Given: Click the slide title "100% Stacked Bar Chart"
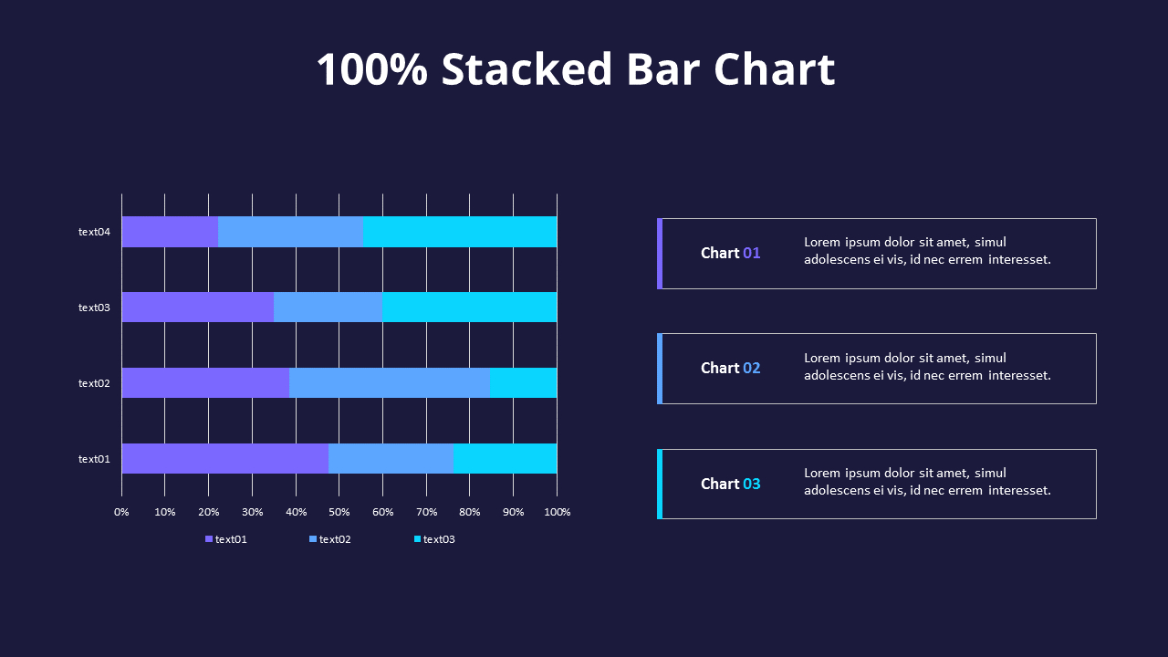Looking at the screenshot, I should [x=575, y=70].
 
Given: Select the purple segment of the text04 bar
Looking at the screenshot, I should [x=170, y=232].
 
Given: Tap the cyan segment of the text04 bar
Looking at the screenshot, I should [x=459, y=232].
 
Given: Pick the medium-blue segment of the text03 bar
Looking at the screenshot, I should [x=328, y=308].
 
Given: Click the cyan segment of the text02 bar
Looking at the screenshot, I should [x=523, y=383].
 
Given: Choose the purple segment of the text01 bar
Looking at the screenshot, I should [x=224, y=459].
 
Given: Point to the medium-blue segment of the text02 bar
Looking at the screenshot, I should [x=390, y=383].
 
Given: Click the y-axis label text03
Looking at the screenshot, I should [x=94, y=308].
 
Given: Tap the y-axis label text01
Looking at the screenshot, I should [x=94, y=459].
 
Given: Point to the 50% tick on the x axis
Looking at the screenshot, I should [x=339, y=512].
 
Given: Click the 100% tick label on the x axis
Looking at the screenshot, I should [x=557, y=512].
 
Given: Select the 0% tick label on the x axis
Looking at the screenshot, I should [x=121, y=512].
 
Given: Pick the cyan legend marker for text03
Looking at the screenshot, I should [x=418, y=539].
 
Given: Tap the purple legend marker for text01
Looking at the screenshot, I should [x=209, y=539].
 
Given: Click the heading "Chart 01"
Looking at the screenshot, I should [x=730, y=253].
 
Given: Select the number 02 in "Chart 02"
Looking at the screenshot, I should [x=751, y=368].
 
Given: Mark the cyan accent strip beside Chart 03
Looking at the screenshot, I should [x=659, y=484].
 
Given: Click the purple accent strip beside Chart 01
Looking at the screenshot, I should [x=659, y=253].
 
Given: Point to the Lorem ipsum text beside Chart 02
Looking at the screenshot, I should [x=927, y=367].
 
